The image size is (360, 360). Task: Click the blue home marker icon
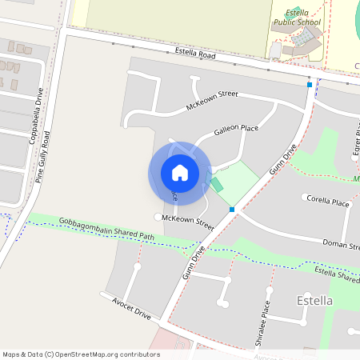point(180,172)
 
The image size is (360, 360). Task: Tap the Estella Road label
point(195,54)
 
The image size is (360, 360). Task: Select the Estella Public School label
point(302,18)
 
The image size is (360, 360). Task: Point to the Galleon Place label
point(235,130)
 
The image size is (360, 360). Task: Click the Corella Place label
point(326,201)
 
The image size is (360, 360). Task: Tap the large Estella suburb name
point(314,301)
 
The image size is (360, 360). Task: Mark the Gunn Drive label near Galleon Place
point(282,159)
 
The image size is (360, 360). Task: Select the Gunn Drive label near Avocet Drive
point(194,261)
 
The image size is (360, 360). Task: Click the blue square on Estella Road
point(310,84)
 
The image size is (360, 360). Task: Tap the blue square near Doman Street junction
point(232,210)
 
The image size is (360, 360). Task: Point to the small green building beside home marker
point(217,185)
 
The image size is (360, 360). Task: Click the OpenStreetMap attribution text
point(81,354)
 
